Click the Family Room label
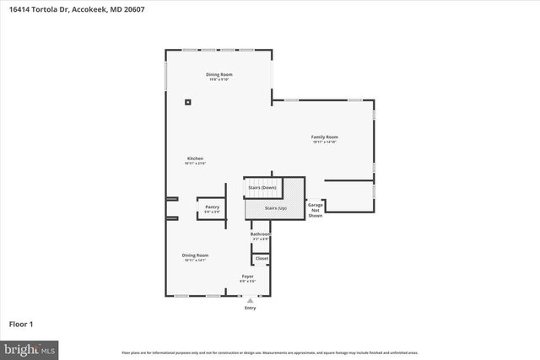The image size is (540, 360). coord(324,137)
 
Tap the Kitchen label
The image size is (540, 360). coord(195,158)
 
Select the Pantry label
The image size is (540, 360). coord(212,206)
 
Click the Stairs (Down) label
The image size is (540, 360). coord(262,187)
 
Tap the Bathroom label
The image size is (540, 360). coord(260,234)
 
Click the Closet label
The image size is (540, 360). coord(262,258)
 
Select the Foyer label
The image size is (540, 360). coord(248,276)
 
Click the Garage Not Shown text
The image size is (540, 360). coord(315,210)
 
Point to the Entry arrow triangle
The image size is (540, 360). coord(250,300)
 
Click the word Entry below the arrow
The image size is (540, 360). coord(250,308)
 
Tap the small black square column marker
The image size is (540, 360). coord(187,103)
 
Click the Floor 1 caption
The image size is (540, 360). coord(21,323)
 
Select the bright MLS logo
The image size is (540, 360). coord(30,347)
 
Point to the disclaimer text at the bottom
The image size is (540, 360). coord(270,352)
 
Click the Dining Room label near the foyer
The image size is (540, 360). coord(195,255)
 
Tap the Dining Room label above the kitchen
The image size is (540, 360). coord(219,74)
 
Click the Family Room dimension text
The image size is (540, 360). coord(324,142)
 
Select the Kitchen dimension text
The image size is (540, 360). coord(195,163)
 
